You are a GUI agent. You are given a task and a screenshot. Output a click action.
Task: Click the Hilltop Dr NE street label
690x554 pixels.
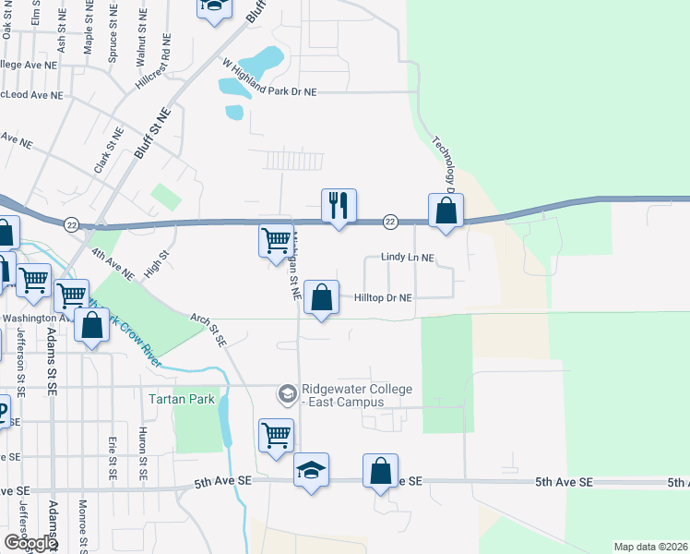tap(381, 298)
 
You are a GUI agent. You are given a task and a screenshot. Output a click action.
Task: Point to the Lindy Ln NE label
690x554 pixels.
tap(407, 259)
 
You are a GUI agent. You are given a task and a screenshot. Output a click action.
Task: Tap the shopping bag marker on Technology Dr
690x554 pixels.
tap(446, 210)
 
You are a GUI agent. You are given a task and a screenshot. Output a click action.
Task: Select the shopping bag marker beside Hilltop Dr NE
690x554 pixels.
tap(321, 298)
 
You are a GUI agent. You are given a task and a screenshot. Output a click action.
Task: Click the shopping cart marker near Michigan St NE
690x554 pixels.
tap(276, 241)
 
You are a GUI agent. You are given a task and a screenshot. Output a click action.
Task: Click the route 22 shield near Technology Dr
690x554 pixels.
tap(389, 222)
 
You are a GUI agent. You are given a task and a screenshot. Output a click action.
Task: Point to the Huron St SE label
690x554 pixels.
tap(143, 458)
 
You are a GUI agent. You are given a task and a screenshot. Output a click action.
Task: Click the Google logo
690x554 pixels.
tap(31, 543)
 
